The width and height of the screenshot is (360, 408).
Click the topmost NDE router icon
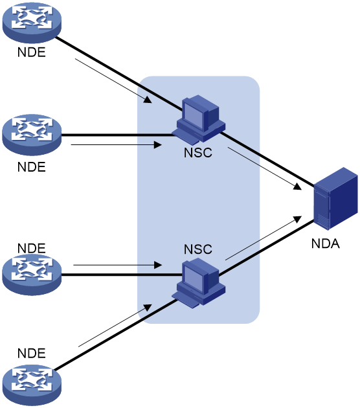click(32, 23)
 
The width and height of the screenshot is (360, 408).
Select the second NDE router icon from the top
click(32, 135)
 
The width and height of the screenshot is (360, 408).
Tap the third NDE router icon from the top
click(32, 275)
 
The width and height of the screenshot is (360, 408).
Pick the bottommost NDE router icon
click(32, 385)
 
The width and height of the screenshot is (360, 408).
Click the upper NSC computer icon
click(199, 120)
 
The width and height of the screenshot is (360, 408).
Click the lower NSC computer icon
click(199, 283)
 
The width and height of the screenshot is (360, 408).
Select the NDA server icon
click(336, 199)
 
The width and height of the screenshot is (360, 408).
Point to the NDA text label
click(326, 244)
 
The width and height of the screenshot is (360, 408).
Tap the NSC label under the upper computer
click(198, 153)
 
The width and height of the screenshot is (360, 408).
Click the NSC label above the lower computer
click(198, 249)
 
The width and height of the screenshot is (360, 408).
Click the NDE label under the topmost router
click(32, 52)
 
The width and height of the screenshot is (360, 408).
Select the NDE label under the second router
click(32, 167)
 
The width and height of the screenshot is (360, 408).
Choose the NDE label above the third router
click(32, 248)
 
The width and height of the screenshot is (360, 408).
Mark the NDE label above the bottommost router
click(32, 353)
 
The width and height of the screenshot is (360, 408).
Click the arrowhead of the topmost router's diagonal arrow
click(148, 99)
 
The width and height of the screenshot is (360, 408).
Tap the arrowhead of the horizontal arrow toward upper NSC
click(158, 144)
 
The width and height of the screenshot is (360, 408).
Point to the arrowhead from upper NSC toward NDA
click(297, 187)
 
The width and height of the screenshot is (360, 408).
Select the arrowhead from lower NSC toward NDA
click(297, 220)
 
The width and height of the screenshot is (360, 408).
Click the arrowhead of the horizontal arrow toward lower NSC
click(158, 265)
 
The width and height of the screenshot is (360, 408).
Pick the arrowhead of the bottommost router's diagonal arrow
click(148, 308)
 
